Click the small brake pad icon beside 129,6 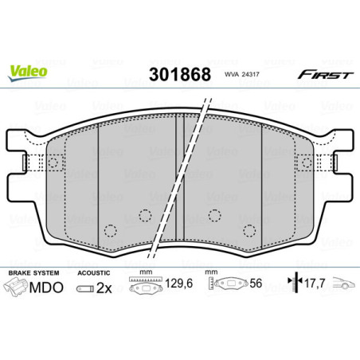click(144, 285)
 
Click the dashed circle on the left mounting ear click(53, 164)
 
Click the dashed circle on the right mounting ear click(306, 164)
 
